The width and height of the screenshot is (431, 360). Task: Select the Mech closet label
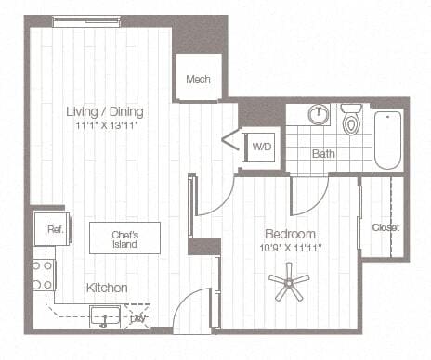click(x=198, y=79)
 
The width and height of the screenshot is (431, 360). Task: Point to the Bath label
click(x=323, y=153)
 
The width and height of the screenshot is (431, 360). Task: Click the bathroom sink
click(x=319, y=116)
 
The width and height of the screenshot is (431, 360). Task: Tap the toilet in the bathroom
click(x=351, y=121)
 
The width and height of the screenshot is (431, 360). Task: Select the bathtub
click(x=387, y=139)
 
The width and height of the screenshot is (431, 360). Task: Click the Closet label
click(x=385, y=227)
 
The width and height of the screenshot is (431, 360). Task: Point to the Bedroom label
click(x=290, y=234)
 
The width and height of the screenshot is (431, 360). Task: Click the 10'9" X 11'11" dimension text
click(x=290, y=248)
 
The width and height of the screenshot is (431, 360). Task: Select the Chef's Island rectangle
click(x=124, y=238)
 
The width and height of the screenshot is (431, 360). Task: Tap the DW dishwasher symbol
click(x=137, y=318)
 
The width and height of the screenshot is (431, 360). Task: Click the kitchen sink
click(x=104, y=316)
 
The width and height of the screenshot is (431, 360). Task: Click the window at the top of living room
click(x=85, y=21)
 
